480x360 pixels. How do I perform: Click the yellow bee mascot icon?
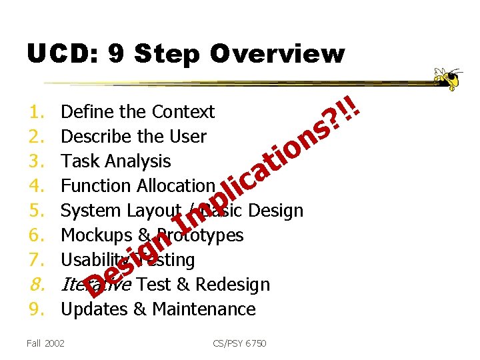tap(447, 78)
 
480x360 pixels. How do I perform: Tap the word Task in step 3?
tap(77, 161)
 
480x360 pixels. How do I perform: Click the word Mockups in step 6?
tap(95, 235)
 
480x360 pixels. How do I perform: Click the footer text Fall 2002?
tap(45, 343)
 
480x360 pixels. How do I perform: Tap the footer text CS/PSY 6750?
tap(239, 343)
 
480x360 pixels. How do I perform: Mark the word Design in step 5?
tap(275, 211)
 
